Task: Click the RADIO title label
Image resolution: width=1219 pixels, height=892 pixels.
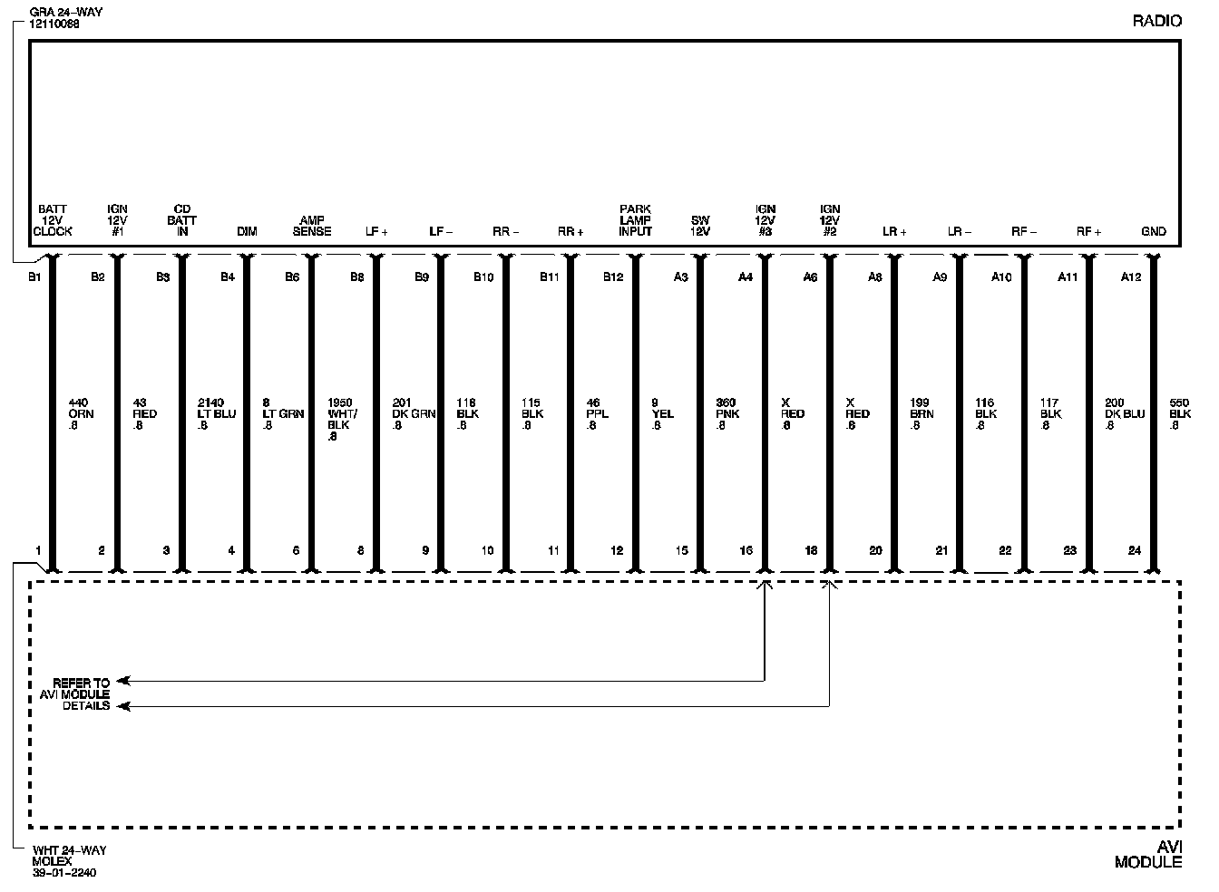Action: coord(1156,21)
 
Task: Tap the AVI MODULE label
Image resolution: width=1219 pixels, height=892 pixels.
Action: coord(1148,854)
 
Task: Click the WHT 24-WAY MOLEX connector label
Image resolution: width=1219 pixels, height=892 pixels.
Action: coord(69,861)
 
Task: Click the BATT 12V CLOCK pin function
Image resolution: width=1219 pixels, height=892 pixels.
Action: coord(52,220)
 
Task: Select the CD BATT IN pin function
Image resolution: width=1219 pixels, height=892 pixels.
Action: coord(181,220)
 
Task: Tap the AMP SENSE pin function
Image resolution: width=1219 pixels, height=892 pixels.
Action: coord(311,226)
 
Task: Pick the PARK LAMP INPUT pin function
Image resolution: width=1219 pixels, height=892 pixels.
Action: coord(635,220)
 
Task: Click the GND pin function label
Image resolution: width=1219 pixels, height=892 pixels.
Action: coord(1153,231)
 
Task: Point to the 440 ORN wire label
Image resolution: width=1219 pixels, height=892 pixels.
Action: coord(81,413)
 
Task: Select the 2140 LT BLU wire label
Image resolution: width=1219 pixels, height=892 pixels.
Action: coord(216,413)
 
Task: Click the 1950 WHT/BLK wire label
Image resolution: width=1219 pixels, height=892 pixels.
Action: coord(340,419)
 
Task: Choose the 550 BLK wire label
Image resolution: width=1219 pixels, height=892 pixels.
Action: coord(1179,413)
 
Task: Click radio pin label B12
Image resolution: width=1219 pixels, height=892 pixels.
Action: coord(613,277)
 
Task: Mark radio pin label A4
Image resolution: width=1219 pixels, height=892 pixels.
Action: coord(745,277)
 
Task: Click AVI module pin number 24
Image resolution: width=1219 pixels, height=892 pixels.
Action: coord(1135,550)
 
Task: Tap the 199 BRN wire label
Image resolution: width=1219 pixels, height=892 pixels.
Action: coord(921,413)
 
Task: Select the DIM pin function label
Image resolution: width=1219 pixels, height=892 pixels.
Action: coord(247,231)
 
